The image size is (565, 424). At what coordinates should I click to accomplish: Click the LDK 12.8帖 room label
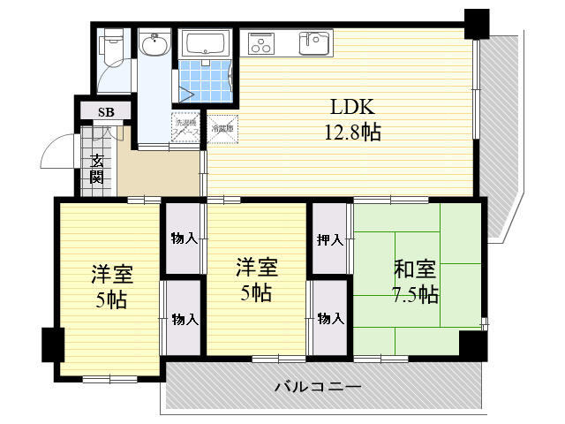pos(355,120)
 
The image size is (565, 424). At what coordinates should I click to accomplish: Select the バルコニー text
pos(318,387)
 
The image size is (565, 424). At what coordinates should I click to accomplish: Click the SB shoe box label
pos(106,112)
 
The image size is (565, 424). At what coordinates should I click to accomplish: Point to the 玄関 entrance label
pos(96,168)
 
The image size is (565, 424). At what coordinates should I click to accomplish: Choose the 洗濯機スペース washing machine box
pos(186,128)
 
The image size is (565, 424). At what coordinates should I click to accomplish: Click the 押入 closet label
pos(330,239)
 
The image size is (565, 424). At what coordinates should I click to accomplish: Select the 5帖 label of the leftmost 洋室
pos(111,299)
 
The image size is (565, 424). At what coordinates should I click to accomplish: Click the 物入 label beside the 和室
pos(330,318)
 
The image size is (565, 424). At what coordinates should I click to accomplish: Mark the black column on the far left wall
pos(51,344)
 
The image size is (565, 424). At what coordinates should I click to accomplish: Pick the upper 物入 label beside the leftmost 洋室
pos(184,239)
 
